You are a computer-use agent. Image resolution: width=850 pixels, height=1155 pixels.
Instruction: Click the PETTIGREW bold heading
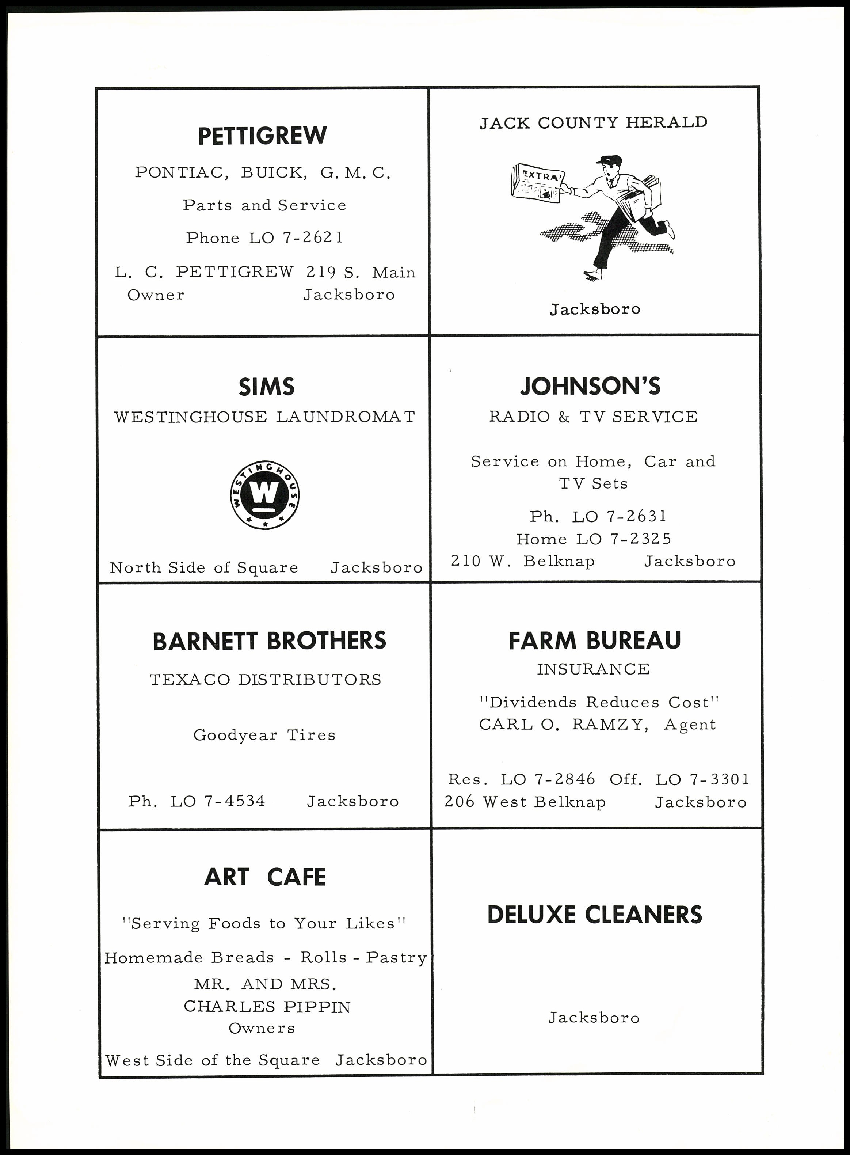(262, 136)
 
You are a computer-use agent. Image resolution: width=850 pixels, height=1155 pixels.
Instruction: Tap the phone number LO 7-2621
(296, 238)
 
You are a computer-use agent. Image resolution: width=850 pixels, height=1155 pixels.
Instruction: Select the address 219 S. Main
(361, 272)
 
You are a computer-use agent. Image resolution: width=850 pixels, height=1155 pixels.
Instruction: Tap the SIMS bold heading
(267, 387)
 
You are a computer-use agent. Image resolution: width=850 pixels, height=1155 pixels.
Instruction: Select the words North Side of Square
(204, 568)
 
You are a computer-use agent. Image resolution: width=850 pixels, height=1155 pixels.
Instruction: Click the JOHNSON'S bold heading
(590, 387)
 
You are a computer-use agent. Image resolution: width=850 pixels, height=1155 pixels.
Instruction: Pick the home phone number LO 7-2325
(624, 539)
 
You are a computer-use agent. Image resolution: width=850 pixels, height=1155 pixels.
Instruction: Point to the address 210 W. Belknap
(523, 561)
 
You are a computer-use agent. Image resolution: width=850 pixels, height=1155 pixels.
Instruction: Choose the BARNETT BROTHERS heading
(269, 641)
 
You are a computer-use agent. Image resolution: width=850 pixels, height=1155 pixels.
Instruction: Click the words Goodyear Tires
(264, 735)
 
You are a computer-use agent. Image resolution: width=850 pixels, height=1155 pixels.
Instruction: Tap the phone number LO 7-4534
(218, 801)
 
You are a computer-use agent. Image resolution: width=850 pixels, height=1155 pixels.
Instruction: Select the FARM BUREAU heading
(594, 641)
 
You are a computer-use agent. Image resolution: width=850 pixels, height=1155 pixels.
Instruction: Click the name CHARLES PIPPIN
(267, 1006)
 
